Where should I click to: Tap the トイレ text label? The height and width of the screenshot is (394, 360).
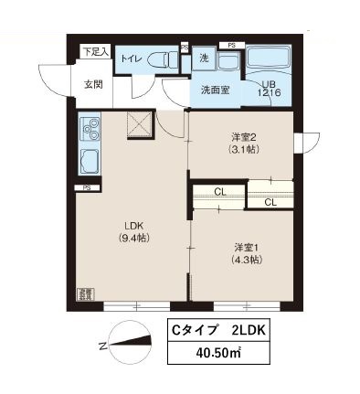click(133, 59)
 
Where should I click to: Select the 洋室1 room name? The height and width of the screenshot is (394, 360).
click(243, 247)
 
